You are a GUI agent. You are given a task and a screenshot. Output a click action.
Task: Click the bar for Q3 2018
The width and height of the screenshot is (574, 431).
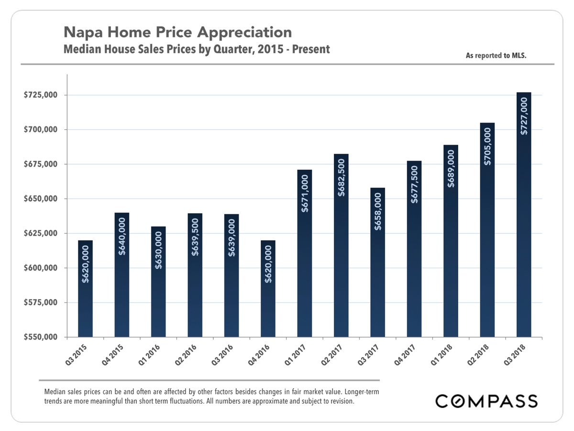524,215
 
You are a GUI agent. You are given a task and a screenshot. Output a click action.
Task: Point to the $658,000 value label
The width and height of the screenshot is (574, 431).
378,212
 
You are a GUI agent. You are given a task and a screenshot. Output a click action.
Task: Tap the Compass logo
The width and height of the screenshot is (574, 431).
486,401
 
